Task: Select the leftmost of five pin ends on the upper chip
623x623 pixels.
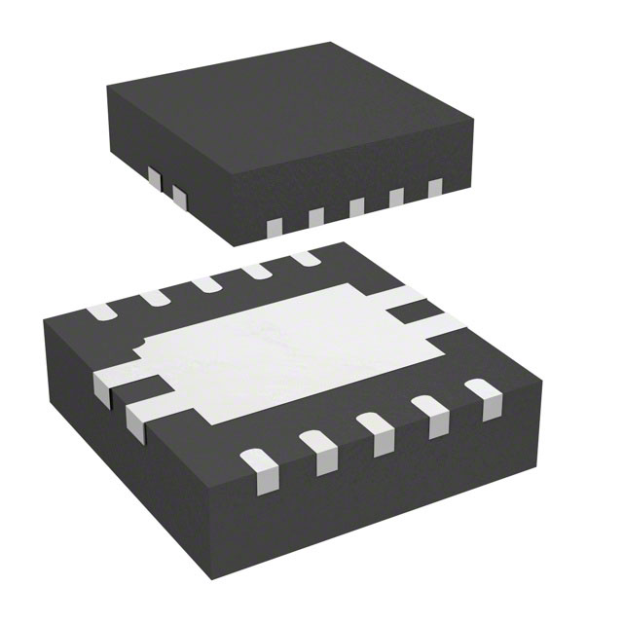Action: click(275, 226)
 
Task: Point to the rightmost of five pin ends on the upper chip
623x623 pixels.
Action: click(435, 187)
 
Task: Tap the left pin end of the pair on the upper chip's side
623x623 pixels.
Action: click(153, 177)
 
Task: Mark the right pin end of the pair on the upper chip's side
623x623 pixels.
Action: click(178, 196)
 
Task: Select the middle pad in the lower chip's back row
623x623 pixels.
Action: click(206, 284)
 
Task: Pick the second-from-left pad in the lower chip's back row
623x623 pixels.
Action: click(154, 298)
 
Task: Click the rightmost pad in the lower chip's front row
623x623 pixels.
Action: click(481, 394)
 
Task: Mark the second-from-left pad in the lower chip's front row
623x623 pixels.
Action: click(316, 446)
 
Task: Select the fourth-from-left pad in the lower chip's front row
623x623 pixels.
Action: click(429, 411)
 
